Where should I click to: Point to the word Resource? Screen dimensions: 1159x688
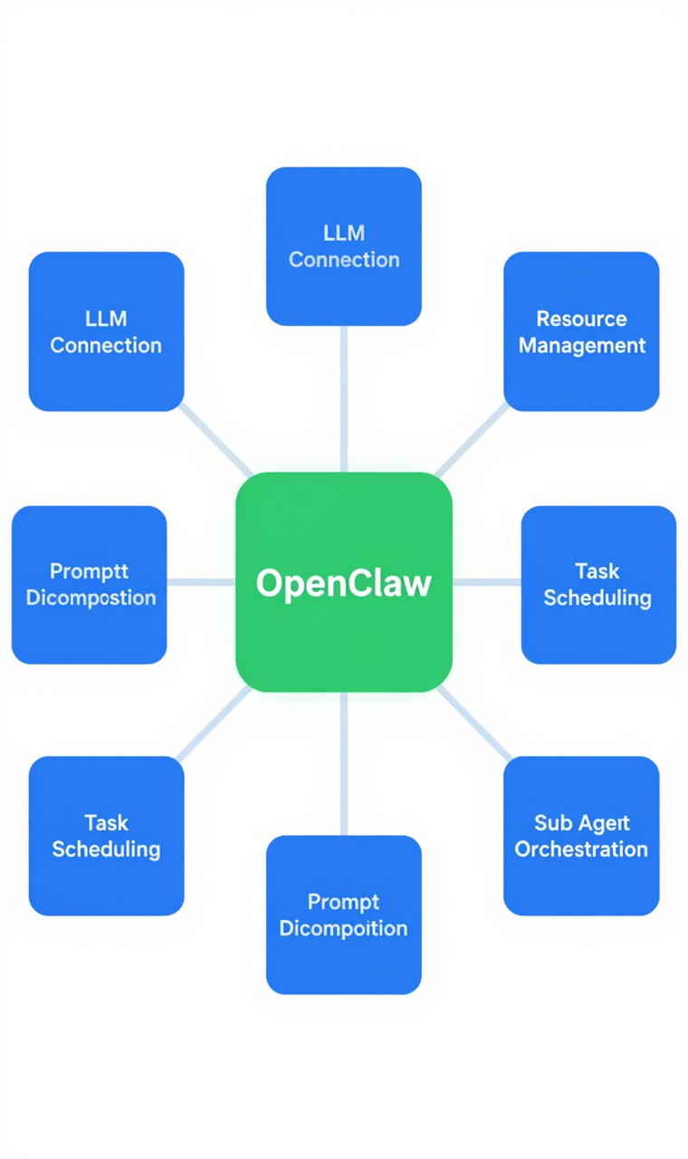(581, 319)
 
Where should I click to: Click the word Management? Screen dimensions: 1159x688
(581, 346)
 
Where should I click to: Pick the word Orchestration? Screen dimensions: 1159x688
(581, 849)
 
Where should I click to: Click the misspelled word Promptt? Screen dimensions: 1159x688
(89, 571)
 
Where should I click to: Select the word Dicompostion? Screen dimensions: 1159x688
(91, 599)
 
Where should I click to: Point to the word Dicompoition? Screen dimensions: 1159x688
(343, 928)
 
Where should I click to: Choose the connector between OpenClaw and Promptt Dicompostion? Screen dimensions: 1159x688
(201, 582)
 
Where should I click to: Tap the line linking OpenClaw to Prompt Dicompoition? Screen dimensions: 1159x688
(344, 763)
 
